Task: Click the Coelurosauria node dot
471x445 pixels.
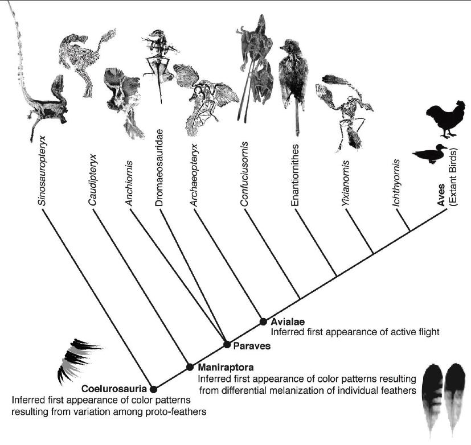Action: (153, 389)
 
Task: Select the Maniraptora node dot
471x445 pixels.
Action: (190, 367)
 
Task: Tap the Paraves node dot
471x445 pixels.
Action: (227, 344)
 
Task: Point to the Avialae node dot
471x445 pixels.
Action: (263, 322)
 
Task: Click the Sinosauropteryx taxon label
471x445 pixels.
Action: (48, 178)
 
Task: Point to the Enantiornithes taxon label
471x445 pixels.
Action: (297, 180)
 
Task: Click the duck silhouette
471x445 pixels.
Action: (431, 155)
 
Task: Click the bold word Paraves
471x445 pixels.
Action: (251, 345)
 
